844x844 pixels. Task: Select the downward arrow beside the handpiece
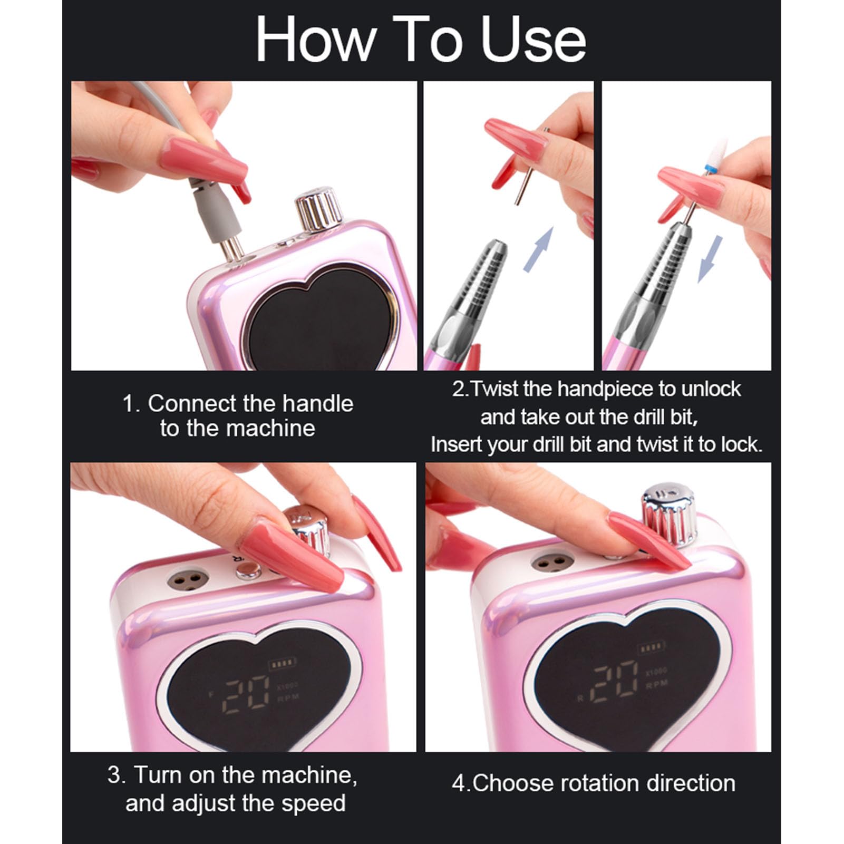coord(710,258)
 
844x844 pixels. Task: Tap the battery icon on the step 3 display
coord(283,664)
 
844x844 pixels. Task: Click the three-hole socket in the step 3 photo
coord(187,579)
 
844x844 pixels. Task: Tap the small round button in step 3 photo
coord(248,570)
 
